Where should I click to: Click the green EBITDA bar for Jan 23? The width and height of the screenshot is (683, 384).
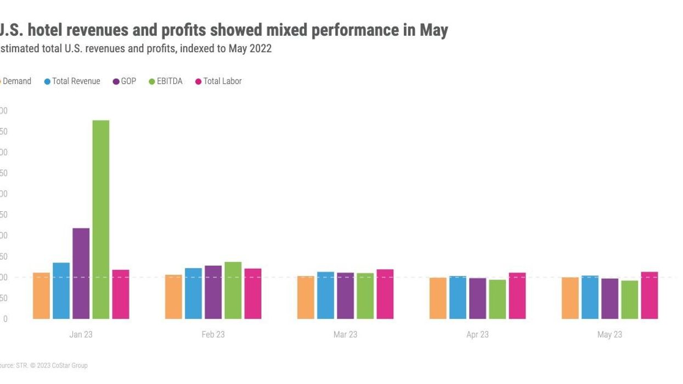tap(101, 219)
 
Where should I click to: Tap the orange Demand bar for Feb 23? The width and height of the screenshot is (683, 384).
tap(174, 297)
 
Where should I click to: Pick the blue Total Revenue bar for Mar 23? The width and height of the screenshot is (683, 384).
tap(326, 295)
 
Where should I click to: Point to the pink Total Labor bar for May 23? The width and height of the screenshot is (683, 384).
tap(650, 295)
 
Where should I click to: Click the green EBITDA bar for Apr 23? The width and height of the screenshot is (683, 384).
tap(498, 299)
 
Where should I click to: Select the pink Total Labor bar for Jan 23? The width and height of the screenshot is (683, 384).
tap(121, 294)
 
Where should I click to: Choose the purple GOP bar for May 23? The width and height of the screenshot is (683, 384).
tap(610, 298)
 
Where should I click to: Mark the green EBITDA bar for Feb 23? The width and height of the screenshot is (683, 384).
tap(233, 290)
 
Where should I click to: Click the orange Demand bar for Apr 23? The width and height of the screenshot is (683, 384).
tap(438, 298)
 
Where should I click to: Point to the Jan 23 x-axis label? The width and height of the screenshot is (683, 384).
tap(81, 335)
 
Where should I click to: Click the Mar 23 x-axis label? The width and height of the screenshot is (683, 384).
tap(345, 335)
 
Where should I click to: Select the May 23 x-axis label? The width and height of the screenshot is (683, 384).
tap(609, 335)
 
